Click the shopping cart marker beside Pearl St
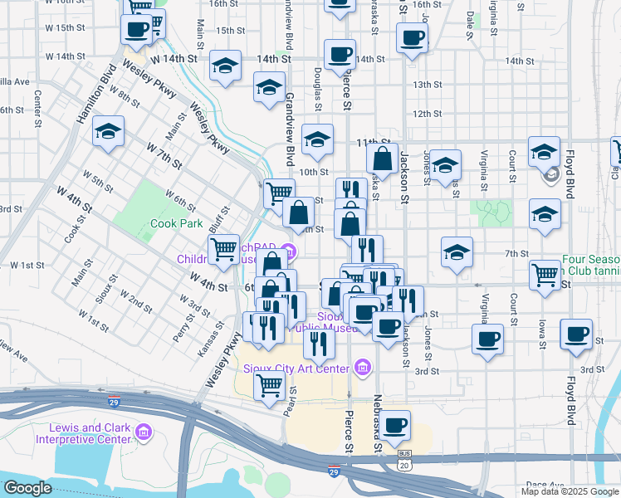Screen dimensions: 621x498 click(269, 385)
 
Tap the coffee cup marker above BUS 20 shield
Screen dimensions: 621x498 click(396, 424)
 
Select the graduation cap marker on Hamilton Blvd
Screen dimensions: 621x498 click(108, 132)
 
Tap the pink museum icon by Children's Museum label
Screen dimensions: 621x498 click(288, 250)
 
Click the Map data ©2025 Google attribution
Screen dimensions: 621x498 click(570, 491)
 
